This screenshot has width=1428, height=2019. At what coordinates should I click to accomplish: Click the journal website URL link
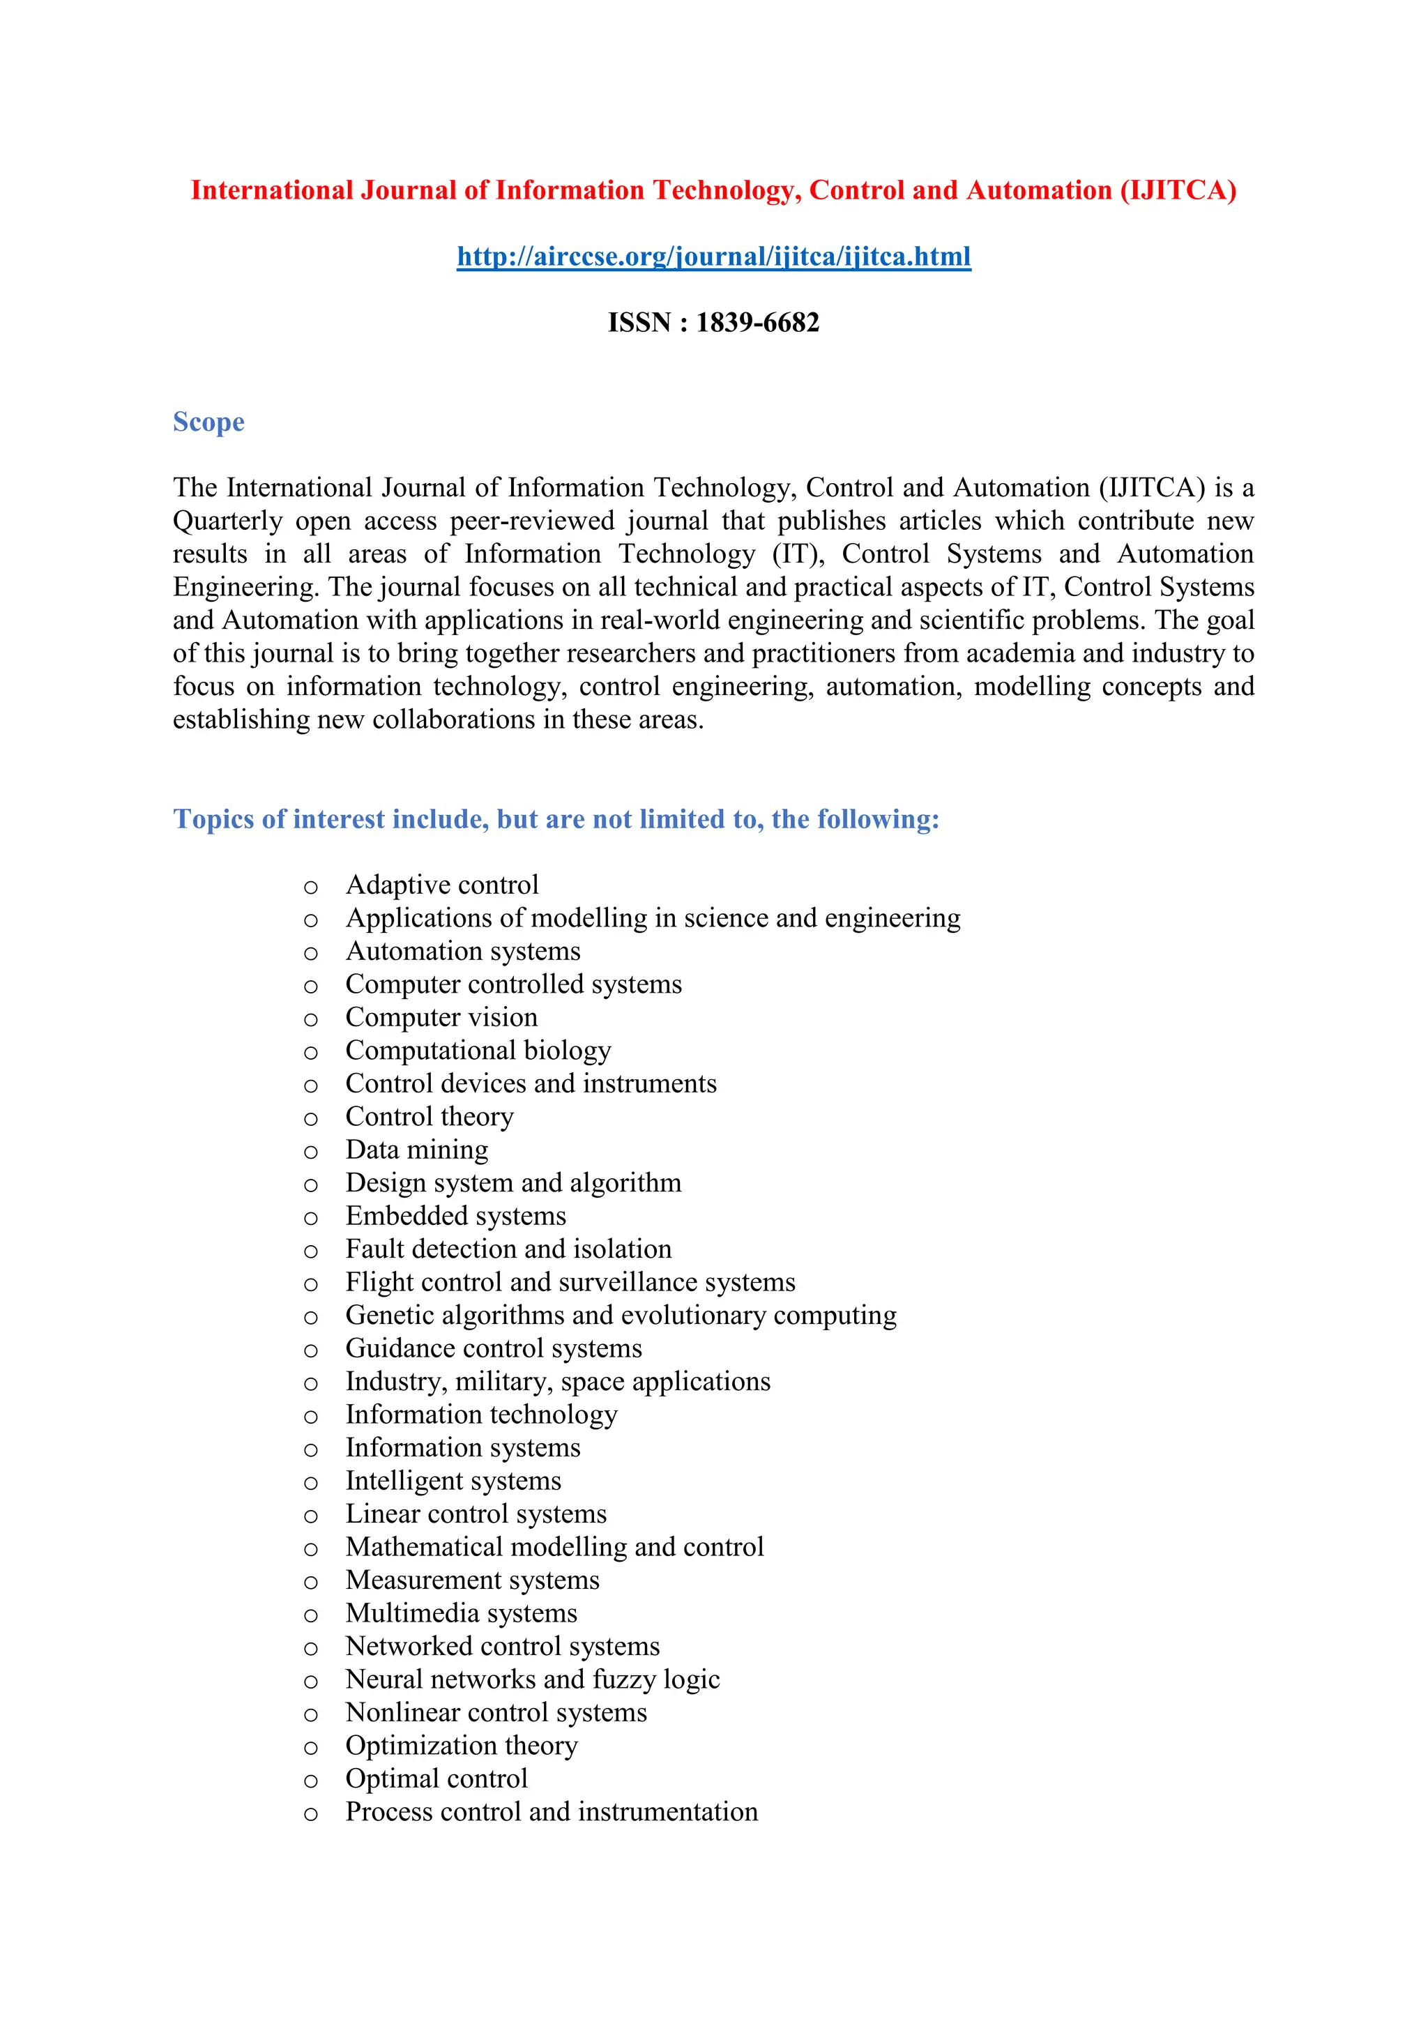[x=713, y=257]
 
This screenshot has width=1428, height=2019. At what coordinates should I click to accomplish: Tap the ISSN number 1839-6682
[x=757, y=323]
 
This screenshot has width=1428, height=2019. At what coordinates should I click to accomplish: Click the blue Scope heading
[x=208, y=422]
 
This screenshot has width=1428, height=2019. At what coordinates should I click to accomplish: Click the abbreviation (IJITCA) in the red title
[x=1178, y=191]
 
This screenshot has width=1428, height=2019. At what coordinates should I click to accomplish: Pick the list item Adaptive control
[x=441, y=885]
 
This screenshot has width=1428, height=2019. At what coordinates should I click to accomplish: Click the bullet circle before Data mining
[x=310, y=1152]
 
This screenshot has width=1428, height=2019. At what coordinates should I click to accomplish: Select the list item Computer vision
[x=441, y=1017]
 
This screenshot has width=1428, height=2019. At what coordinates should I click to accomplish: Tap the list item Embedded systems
[x=455, y=1216]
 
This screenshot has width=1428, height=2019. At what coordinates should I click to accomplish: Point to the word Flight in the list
[x=380, y=1282]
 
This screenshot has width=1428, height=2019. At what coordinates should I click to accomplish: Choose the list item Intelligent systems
[x=453, y=1481]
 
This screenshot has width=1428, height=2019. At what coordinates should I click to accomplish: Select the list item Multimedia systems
[x=461, y=1614]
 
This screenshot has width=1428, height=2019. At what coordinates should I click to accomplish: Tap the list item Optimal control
[x=436, y=1779]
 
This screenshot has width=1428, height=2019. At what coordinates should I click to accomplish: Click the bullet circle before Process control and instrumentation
[x=310, y=1814]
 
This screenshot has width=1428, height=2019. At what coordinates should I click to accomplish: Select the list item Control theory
[x=429, y=1117]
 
